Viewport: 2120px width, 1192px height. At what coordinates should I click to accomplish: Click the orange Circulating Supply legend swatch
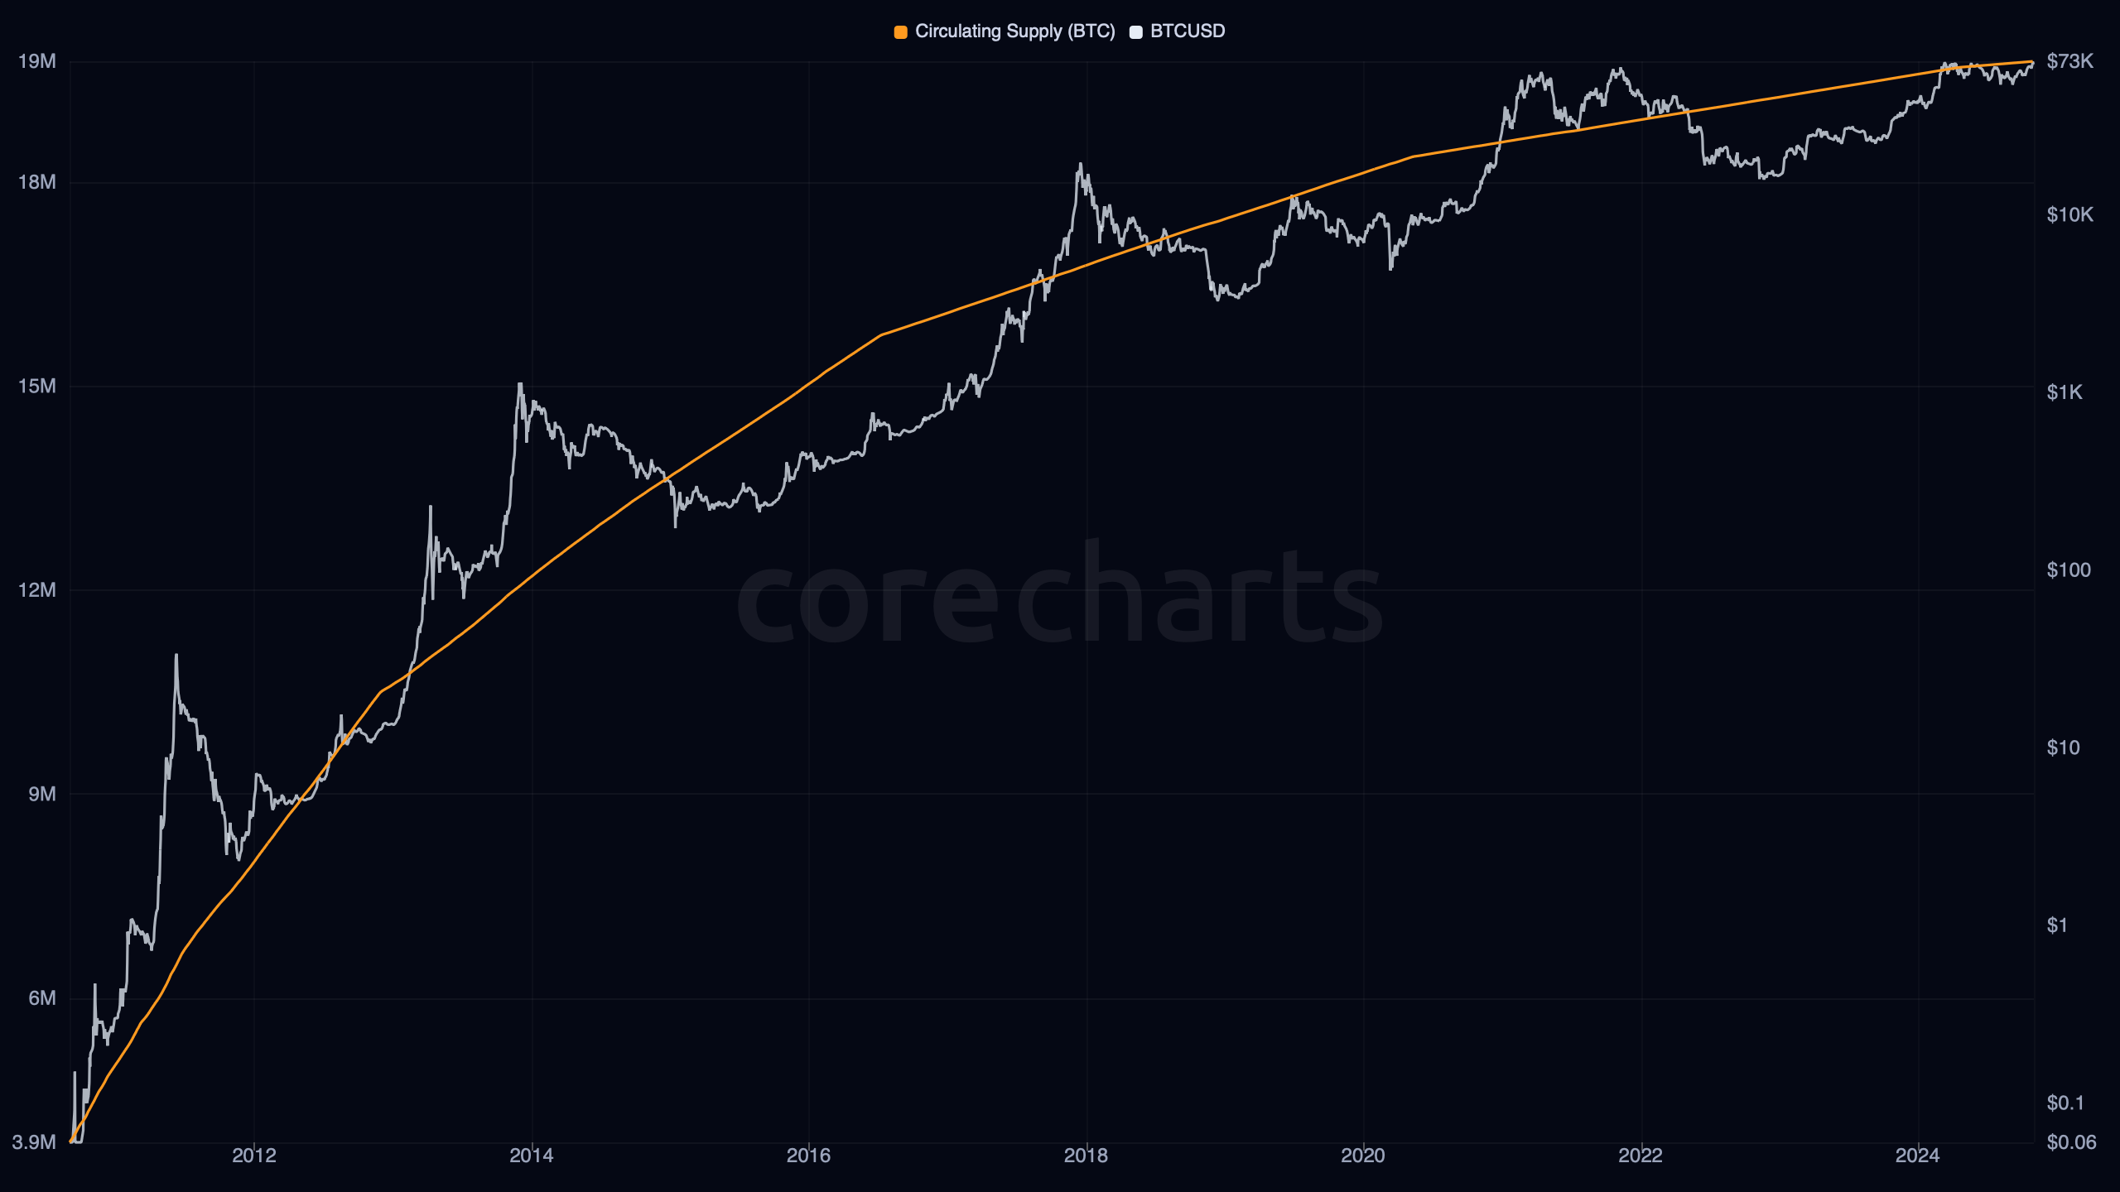tap(900, 32)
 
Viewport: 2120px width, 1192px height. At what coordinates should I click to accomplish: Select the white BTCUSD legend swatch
tap(1136, 32)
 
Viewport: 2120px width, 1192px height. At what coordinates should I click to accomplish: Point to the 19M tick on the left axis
tap(37, 61)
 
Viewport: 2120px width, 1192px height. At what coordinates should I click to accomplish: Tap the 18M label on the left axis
tap(37, 182)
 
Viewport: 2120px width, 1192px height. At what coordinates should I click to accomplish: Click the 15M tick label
tap(37, 387)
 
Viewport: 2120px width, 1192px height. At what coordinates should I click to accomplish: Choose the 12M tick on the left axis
tap(37, 590)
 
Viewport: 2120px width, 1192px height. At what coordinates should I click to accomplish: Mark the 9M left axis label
tap(42, 795)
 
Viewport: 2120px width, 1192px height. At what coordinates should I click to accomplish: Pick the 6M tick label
tap(42, 998)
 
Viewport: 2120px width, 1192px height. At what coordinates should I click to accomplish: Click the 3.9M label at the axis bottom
tap(34, 1143)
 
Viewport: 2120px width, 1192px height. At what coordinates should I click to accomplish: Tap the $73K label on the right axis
tap(2069, 61)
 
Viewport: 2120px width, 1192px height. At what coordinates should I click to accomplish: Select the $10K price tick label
tap(2069, 215)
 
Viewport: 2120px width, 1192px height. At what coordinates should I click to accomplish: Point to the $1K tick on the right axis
tap(2065, 392)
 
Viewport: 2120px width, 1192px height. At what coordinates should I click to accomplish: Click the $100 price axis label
tap(2069, 570)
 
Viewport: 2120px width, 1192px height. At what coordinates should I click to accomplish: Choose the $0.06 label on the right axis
tap(2071, 1143)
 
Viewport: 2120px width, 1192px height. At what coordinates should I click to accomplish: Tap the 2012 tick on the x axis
tap(254, 1156)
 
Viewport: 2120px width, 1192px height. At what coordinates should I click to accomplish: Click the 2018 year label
tap(1086, 1156)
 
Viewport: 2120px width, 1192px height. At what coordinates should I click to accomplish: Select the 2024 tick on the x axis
tap(1917, 1156)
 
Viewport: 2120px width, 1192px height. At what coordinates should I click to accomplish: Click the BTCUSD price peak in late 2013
tap(520, 384)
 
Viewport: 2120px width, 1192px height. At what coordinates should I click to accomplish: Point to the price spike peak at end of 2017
tap(1080, 164)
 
